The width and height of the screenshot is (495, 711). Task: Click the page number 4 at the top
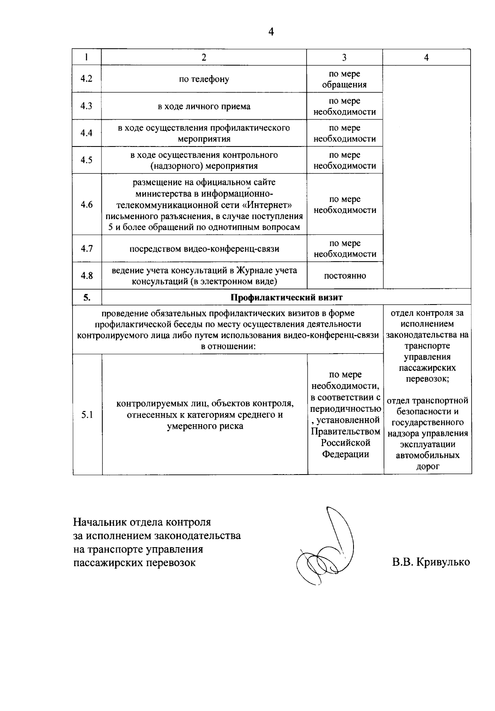(271, 32)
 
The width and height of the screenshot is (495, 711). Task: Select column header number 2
(204, 58)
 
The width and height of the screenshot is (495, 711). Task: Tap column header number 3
(344, 58)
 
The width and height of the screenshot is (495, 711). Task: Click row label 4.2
(87, 79)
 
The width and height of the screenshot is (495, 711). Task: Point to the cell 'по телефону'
(204, 79)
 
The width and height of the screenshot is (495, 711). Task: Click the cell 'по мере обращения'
(344, 79)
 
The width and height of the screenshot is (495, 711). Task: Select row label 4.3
(87, 106)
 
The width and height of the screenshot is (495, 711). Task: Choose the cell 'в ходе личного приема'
(204, 106)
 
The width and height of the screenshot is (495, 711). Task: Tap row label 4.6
(87, 205)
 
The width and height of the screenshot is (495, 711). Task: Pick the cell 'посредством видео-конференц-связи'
(204, 249)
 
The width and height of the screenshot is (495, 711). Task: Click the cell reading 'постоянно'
(344, 276)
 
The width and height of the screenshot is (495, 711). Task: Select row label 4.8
(87, 276)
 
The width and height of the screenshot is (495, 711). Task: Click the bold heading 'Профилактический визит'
(286, 297)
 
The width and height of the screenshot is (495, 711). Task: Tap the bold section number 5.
(87, 297)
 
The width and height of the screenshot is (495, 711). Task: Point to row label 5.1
(87, 415)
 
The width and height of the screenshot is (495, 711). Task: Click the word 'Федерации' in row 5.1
(345, 454)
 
